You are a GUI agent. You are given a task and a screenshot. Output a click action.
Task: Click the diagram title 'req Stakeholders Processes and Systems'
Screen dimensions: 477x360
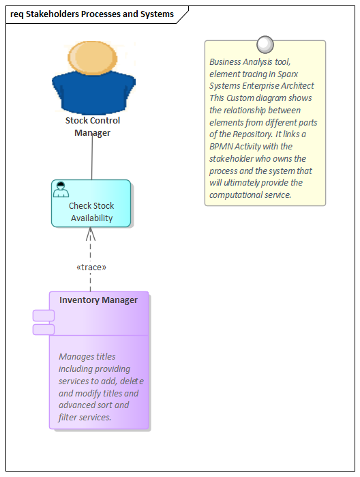pyautogui.click(x=92, y=14)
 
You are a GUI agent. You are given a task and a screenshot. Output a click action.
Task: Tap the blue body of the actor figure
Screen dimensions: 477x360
pyautogui.click(x=93, y=96)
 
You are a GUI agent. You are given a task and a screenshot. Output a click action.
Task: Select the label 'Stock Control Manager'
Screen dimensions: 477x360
pyautogui.click(x=93, y=126)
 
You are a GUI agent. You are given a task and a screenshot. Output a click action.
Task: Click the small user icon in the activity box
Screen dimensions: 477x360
pyautogui.click(x=61, y=190)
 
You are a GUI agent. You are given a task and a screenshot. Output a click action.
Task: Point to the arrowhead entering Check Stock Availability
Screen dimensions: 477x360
pyautogui.click(x=91, y=233)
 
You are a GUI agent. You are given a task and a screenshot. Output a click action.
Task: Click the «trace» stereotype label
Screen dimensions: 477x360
pyautogui.click(x=91, y=267)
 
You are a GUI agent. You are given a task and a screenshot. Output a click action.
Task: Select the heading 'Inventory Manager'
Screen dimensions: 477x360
pyautogui.click(x=98, y=300)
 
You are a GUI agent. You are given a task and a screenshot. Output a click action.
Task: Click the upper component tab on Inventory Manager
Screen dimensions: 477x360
pyautogui.click(x=44, y=315)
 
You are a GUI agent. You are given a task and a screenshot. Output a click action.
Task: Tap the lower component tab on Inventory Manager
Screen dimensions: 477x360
pyautogui.click(x=44, y=330)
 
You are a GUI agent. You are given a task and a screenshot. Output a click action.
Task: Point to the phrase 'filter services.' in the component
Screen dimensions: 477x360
pyautogui.click(x=85, y=417)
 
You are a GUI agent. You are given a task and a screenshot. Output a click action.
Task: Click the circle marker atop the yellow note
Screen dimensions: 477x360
pyautogui.click(x=265, y=45)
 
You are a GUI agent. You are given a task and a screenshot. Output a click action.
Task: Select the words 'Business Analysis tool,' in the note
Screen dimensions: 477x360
pyautogui.click(x=250, y=61)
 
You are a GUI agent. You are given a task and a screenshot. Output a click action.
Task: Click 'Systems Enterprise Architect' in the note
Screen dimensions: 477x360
pyautogui.click(x=262, y=85)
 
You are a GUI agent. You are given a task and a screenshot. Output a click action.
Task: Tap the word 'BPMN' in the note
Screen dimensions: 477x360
pyautogui.click(x=222, y=146)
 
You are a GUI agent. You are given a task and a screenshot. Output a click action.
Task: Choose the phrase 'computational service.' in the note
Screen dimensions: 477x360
pyautogui.click(x=250, y=194)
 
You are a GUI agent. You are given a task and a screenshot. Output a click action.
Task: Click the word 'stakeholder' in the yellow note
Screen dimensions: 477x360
pyautogui.click(x=232, y=158)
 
